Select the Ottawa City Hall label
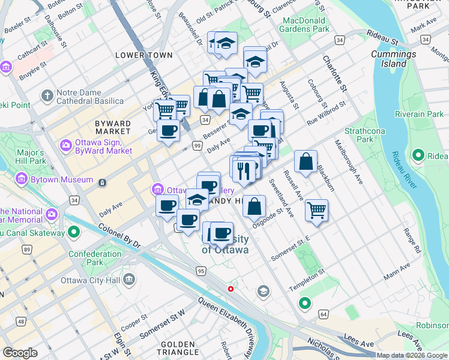point(91,280)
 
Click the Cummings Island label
point(394,59)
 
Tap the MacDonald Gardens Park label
point(306,25)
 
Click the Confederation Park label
point(95,258)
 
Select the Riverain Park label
point(419,114)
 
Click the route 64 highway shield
point(323,314)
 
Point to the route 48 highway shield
point(21,322)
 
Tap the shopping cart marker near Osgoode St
point(316,210)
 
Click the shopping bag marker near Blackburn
point(306,161)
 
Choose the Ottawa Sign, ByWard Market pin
point(65,145)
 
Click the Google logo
point(20,353)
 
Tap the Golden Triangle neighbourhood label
point(173,347)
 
